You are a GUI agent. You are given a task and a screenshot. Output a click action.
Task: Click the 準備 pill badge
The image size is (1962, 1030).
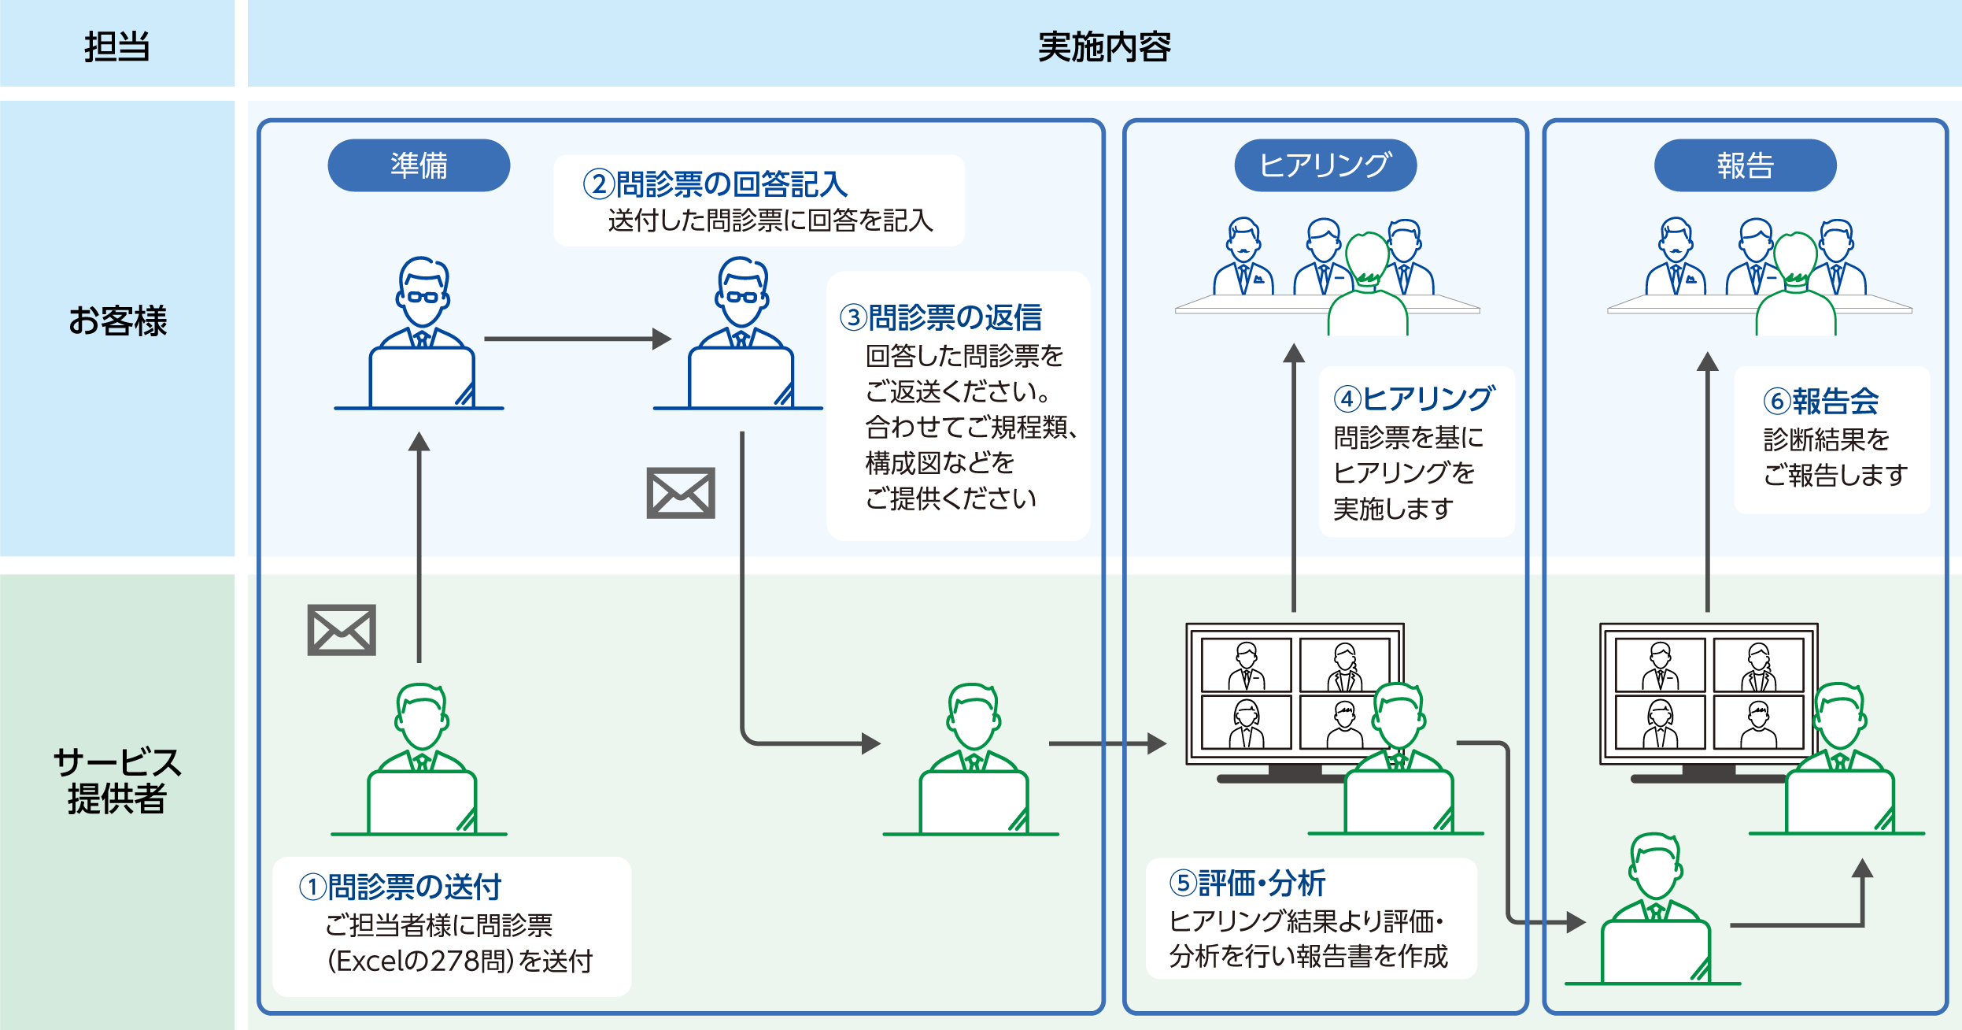[x=419, y=165]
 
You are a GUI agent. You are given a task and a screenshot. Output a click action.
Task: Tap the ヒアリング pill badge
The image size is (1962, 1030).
[x=1325, y=165]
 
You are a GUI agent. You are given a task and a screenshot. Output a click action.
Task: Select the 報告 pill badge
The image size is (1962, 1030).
[x=1745, y=165]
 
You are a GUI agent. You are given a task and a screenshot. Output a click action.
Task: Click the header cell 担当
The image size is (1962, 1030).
[x=116, y=46]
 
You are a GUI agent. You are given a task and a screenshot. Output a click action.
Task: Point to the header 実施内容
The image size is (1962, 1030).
[x=1103, y=46]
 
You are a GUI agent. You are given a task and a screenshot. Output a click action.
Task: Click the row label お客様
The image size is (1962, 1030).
[x=116, y=320]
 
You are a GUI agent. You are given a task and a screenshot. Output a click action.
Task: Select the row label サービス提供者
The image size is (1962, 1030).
[x=116, y=780]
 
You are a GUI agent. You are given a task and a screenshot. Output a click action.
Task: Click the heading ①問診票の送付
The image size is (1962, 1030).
[x=401, y=887]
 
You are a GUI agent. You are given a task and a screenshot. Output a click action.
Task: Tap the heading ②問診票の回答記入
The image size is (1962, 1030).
[x=715, y=184]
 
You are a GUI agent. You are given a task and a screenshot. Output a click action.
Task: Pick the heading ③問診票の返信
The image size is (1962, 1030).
[x=941, y=317]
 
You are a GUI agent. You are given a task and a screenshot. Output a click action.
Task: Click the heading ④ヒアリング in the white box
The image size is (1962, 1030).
[x=1414, y=398]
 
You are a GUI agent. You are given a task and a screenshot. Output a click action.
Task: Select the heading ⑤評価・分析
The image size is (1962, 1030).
[x=1247, y=883]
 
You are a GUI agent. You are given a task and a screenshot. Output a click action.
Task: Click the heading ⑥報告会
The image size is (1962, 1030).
[x=1820, y=401]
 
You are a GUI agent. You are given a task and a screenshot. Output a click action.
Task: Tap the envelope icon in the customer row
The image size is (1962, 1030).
[x=681, y=493]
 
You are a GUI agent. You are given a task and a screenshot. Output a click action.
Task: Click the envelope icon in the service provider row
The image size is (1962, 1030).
[x=342, y=630]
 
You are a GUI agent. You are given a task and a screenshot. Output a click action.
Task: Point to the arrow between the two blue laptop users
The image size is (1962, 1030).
[x=577, y=339]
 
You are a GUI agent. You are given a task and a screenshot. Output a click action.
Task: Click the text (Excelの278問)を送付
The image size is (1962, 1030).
[x=460, y=961]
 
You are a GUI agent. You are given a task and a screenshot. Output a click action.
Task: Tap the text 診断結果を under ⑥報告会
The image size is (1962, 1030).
[x=1826, y=439]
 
